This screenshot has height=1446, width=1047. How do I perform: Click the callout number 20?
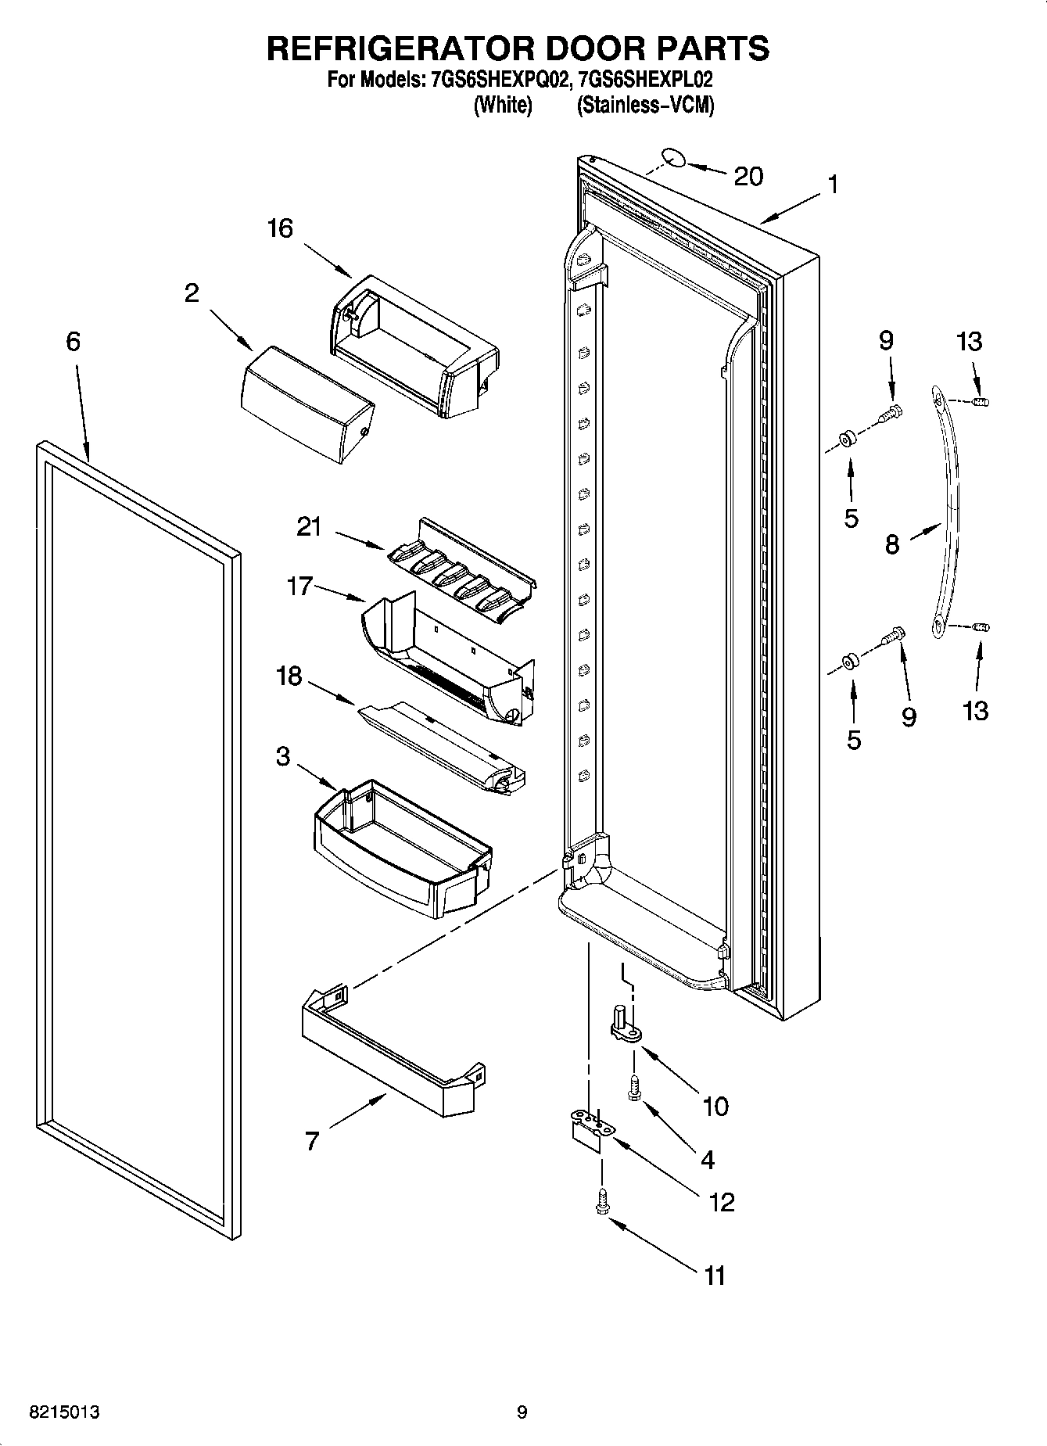pyautogui.click(x=748, y=177)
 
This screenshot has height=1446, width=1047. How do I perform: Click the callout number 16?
pyautogui.click(x=279, y=228)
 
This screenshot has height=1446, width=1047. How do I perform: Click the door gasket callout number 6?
pyautogui.click(x=73, y=341)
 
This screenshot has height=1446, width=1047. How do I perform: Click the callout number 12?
pyautogui.click(x=721, y=1202)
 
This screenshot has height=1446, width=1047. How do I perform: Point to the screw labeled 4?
pyautogui.click(x=633, y=1088)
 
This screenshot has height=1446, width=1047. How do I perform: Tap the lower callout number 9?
pyautogui.click(x=908, y=717)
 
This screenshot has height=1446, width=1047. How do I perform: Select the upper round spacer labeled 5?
pyautogui.click(x=848, y=440)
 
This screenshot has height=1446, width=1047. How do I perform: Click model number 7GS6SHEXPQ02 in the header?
pyautogui.click(x=497, y=79)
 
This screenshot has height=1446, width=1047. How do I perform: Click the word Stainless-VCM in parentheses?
pyautogui.click(x=645, y=105)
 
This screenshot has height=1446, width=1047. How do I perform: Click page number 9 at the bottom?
pyautogui.click(x=522, y=1412)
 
